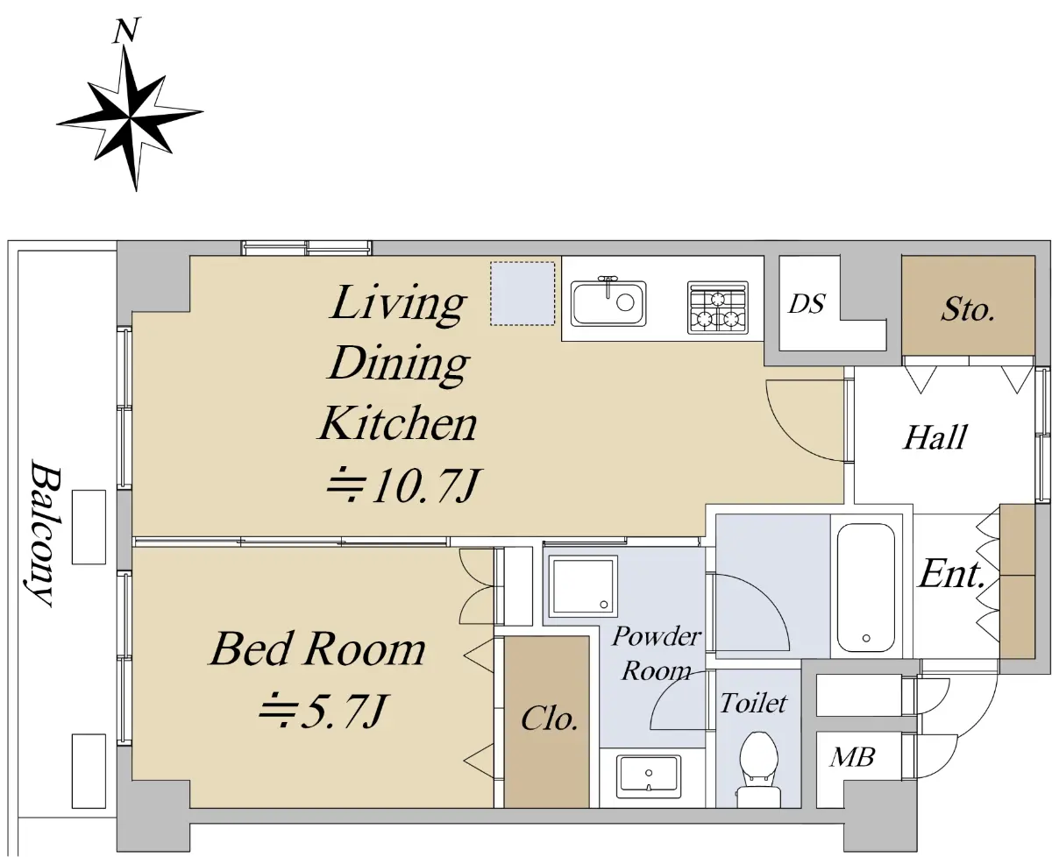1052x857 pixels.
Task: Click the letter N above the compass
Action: [127, 31]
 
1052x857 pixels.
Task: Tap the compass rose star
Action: [130, 118]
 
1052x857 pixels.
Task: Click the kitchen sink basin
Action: [608, 303]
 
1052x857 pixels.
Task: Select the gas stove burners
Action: [718, 308]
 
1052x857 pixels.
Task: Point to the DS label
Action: [807, 304]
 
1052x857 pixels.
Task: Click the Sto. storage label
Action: [967, 310]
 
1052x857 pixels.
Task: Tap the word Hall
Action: [935, 437]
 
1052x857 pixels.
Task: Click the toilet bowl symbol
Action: [759, 769]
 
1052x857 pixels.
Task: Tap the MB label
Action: [852, 757]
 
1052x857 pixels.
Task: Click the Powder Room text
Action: [656, 653]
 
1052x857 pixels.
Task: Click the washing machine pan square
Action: [583, 586]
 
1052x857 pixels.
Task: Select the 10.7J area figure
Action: [402, 485]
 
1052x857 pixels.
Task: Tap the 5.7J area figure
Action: [322, 711]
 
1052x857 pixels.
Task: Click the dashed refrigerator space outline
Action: [522, 294]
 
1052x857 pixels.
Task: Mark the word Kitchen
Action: [398, 423]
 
